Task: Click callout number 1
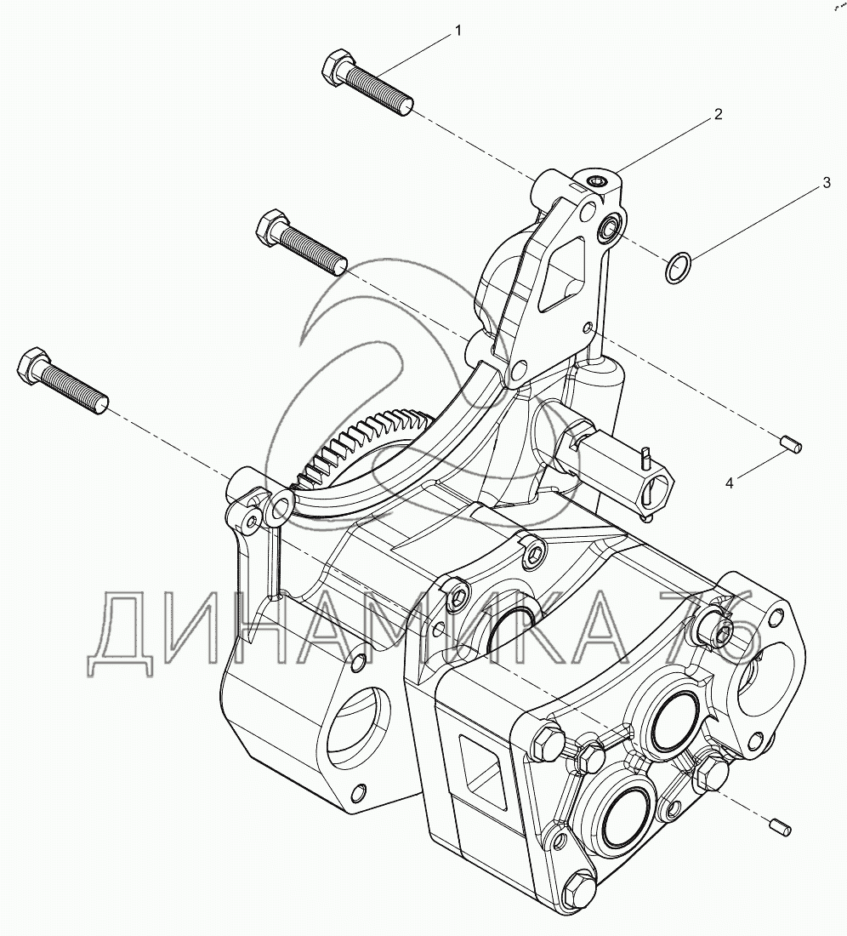458,31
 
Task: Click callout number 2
718,114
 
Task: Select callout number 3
825,183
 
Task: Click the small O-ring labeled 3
676,268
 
